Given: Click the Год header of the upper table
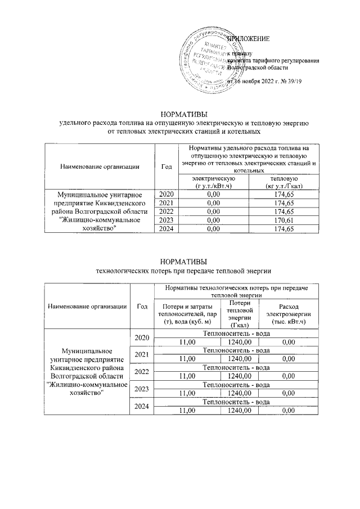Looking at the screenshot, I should pyautogui.click(x=166, y=166).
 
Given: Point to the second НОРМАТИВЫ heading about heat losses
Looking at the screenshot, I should pyautogui.click(x=180, y=262).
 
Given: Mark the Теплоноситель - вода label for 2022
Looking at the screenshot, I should pyautogui.click(x=236, y=367).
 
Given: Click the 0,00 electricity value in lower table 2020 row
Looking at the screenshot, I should pyautogui.click(x=289, y=341).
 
